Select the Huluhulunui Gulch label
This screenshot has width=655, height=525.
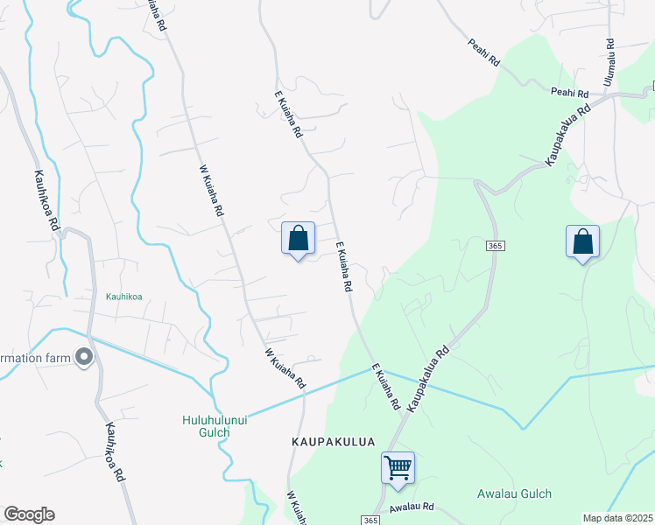[206, 425]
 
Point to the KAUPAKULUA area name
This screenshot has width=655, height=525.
[328, 444]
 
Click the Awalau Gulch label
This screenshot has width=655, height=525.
[514, 493]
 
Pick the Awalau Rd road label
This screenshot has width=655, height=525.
[412, 507]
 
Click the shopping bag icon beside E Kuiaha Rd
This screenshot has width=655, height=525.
[298, 238]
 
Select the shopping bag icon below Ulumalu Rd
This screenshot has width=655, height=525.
[582, 241]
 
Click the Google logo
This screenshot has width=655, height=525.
[29, 514]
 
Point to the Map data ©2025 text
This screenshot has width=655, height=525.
[618, 518]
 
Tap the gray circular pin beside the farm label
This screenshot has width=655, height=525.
[84, 357]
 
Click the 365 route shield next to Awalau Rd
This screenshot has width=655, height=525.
[370, 521]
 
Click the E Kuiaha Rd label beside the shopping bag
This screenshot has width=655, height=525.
[342, 267]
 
